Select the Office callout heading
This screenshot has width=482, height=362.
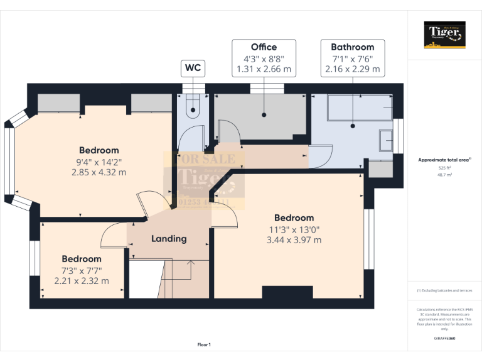coord(264,47)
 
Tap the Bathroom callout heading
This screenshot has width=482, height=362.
coord(352,47)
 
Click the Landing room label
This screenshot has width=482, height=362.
coord(169,239)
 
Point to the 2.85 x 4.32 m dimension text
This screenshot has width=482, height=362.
coord(99,172)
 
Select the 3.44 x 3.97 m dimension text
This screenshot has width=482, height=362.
coord(294,240)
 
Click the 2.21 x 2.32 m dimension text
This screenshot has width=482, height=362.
coord(82,281)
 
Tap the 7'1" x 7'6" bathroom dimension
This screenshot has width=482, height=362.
coord(352,58)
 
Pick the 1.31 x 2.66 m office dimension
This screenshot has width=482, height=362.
coord(264,70)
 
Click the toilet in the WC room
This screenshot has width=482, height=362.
coord(193,107)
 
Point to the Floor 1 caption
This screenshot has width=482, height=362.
coord(204,345)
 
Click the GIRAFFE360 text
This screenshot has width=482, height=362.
coord(445,338)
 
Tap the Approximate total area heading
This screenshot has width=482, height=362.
coord(444,160)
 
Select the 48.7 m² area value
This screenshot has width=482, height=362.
coord(445,175)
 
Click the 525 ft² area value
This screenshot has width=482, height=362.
coord(445,168)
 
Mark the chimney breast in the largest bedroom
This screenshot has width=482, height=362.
coord(287,292)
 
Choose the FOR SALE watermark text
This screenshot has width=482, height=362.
coord(204,160)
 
